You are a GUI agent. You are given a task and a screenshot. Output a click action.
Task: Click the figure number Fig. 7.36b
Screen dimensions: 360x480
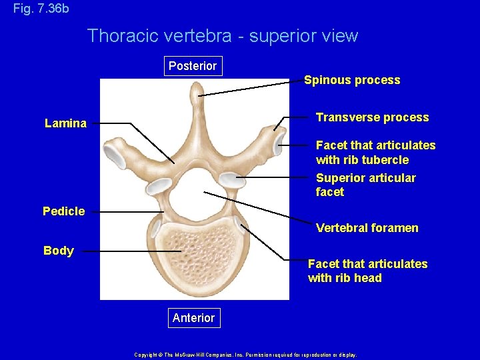pos(41,9)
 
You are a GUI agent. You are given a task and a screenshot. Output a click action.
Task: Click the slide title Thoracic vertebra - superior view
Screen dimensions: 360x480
pos(223,36)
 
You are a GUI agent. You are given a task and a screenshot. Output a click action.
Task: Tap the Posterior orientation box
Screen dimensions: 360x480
pos(193,66)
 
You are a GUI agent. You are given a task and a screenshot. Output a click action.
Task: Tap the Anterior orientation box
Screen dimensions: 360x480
pos(193,318)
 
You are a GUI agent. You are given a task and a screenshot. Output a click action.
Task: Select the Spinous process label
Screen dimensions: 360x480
pos(352,81)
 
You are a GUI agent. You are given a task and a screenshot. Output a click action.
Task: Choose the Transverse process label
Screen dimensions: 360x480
pos(372,117)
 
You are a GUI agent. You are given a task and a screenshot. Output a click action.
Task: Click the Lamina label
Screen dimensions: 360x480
pos(65,123)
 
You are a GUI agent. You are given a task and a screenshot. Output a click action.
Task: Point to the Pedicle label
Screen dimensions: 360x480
pos(64,211)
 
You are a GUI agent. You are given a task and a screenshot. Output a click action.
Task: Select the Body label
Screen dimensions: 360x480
pos(59,251)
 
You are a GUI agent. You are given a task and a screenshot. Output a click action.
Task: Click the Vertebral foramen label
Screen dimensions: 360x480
pos(367,228)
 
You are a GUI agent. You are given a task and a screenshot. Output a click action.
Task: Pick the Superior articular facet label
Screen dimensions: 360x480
pos(365,185)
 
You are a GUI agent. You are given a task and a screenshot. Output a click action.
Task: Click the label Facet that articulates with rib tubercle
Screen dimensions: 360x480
pos(375,153)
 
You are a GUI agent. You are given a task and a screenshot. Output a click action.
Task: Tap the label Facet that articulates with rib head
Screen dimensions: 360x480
pos(367,271)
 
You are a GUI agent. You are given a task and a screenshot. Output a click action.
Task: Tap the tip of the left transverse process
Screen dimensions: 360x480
pos(113,157)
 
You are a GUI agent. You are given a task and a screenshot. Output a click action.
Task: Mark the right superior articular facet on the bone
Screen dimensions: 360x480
pos(231,179)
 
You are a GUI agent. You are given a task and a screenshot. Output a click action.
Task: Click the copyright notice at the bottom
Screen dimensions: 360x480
pos(245,355)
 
